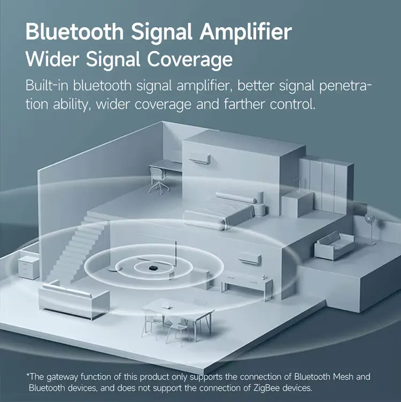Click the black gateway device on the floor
pos(153,268)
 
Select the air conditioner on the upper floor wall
pos(200,159)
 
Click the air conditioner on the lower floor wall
pos(250,260)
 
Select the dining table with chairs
pos(178,320)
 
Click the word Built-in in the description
pos(47,86)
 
